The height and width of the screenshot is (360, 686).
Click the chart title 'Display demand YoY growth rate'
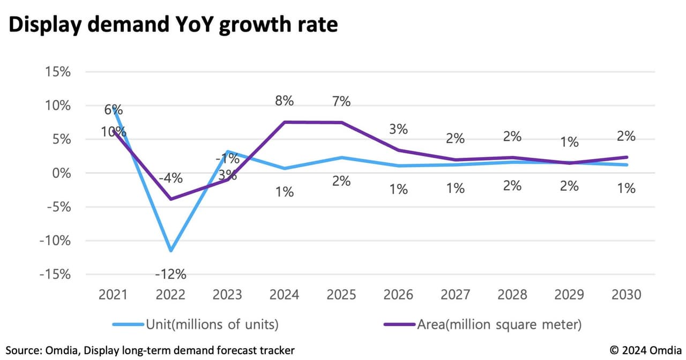pyautogui.click(x=173, y=25)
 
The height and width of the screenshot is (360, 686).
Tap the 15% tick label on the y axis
pyautogui.click(x=56, y=71)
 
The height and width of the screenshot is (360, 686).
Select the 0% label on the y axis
pyautogui.click(x=59, y=173)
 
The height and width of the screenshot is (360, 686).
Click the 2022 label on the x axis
pyautogui.click(x=170, y=295)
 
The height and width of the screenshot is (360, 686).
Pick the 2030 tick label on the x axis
pyautogui.click(x=626, y=295)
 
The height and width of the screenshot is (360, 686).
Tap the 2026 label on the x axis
pyautogui.click(x=398, y=295)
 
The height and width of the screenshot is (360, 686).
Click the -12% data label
pyautogui.click(x=170, y=274)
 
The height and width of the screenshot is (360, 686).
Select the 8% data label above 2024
pyautogui.click(x=285, y=101)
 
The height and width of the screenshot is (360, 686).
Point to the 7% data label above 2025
pyautogui.click(x=341, y=101)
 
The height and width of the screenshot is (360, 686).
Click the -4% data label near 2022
pyautogui.click(x=170, y=177)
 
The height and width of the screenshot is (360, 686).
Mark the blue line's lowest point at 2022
pyautogui.click(x=171, y=251)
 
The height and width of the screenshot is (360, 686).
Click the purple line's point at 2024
pyautogui.click(x=285, y=122)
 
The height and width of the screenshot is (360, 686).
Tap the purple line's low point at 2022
pyautogui.click(x=171, y=199)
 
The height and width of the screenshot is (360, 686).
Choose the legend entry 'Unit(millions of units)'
pyautogui.click(x=212, y=324)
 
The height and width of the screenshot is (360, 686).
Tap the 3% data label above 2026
pyautogui.click(x=398, y=129)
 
